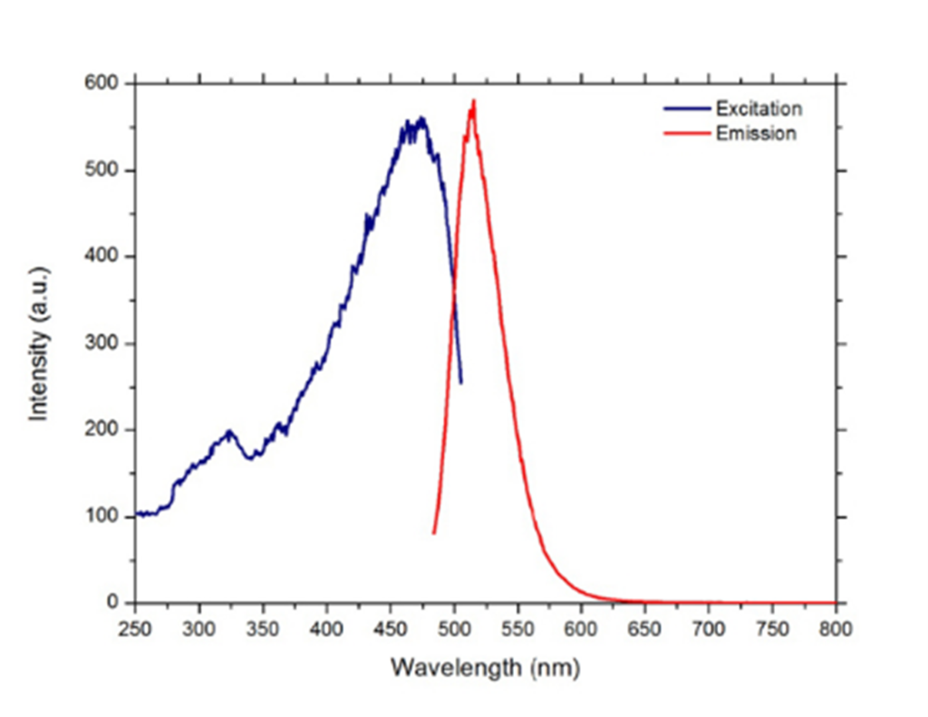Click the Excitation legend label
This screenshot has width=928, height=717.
(759, 109)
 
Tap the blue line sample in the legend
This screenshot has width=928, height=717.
(686, 109)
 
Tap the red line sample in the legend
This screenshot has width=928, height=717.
(686, 133)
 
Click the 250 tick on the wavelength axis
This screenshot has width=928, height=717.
(135, 625)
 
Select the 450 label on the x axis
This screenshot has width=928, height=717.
(391, 625)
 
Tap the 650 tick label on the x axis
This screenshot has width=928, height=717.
(645, 625)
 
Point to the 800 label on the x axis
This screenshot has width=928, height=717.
(836, 625)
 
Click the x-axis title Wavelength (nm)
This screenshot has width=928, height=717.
(485, 668)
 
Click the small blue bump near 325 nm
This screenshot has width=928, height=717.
(230, 432)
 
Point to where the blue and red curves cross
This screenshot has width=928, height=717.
(453, 290)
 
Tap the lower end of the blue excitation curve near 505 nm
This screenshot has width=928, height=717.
(460, 383)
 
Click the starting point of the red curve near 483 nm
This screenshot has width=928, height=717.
(434, 533)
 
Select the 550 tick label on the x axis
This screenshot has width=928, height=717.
(517, 625)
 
